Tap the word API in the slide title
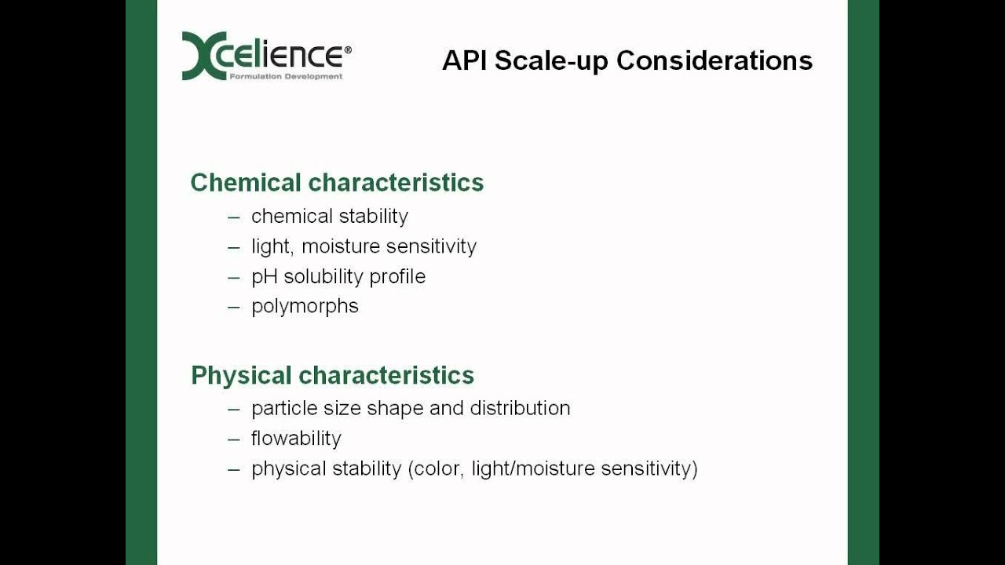[x=465, y=60]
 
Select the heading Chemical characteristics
[x=337, y=183]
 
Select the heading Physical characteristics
[x=332, y=375]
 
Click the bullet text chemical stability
[x=330, y=216]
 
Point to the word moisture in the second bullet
[x=341, y=246]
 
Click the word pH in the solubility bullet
[x=264, y=277]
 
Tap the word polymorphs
[x=305, y=306]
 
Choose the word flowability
[x=296, y=439]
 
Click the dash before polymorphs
[x=234, y=307]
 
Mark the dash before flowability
[x=234, y=439]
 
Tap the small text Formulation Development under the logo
[x=286, y=77]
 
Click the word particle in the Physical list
[x=280, y=408]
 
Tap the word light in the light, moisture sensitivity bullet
[x=269, y=246]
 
